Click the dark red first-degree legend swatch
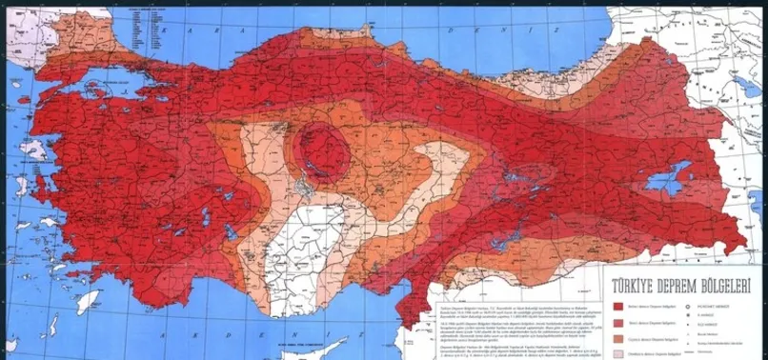click(x=620, y=307)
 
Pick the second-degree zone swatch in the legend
click(x=620, y=322)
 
